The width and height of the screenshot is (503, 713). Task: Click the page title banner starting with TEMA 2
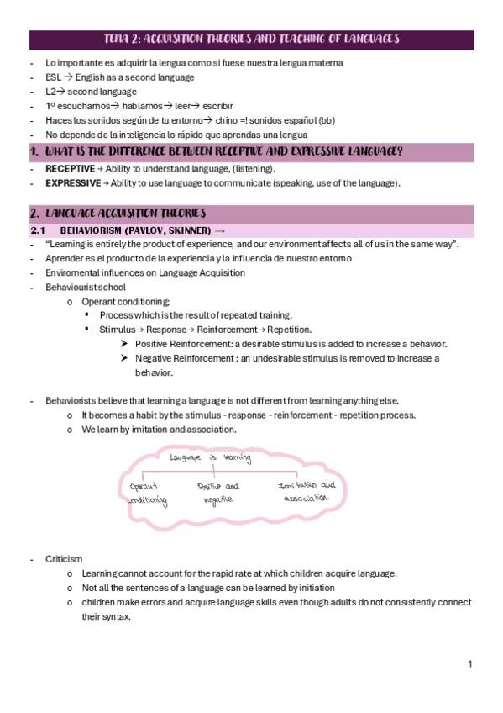click(x=251, y=39)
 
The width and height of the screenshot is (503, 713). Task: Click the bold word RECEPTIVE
click(x=71, y=169)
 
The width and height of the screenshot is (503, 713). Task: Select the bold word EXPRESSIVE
click(x=72, y=182)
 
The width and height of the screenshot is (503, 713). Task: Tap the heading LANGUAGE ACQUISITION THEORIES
click(x=125, y=214)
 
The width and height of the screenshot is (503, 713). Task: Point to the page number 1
click(x=470, y=664)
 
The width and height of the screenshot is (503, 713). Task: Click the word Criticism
click(x=64, y=559)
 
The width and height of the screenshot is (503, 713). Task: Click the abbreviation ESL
click(x=54, y=77)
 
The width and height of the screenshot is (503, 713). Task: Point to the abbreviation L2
click(x=52, y=91)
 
